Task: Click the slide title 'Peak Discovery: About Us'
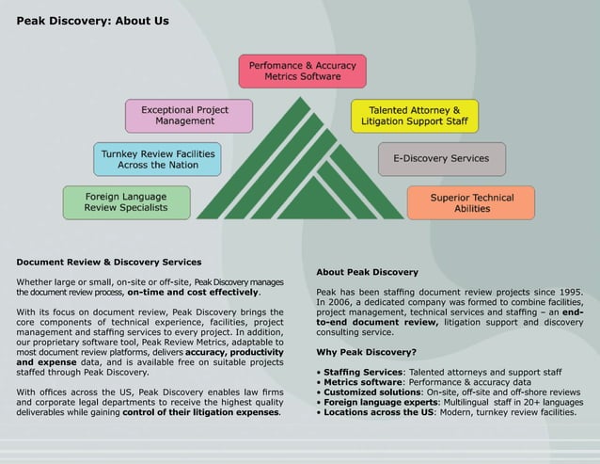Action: [x=92, y=21]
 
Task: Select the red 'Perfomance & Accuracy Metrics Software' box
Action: [x=301, y=70]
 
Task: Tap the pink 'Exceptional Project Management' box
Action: [x=190, y=115]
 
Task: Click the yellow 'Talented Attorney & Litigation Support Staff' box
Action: [x=415, y=115]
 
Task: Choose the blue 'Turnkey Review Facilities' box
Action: [x=158, y=158]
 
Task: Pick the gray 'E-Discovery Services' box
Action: [x=441, y=158]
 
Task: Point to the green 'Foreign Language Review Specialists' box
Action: [x=126, y=201]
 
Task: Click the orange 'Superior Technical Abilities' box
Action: [x=471, y=203]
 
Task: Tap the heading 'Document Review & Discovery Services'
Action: [x=109, y=262]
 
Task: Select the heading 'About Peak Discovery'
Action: [x=368, y=272]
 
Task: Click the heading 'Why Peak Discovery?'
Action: [x=367, y=352]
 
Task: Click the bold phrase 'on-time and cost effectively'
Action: [x=193, y=292]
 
